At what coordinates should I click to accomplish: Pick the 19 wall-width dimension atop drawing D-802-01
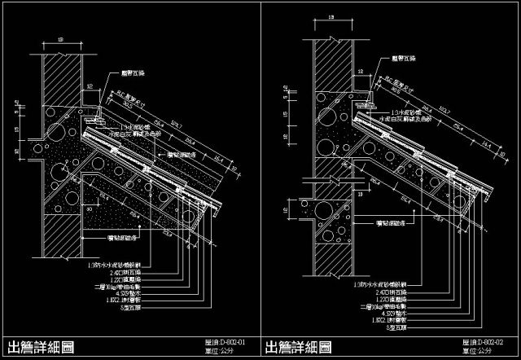tap(62, 38)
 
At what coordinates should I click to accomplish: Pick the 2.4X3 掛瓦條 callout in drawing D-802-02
tap(375, 291)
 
